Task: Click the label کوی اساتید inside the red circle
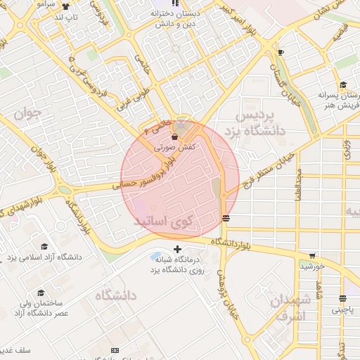tap(167, 221)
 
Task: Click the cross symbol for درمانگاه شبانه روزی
tap(177, 249)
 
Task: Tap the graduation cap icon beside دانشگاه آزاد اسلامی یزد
tap(44, 247)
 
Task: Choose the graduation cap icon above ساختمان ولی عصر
tap(41, 292)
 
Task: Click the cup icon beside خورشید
tap(312, 256)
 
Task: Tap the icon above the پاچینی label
tap(342, 297)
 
